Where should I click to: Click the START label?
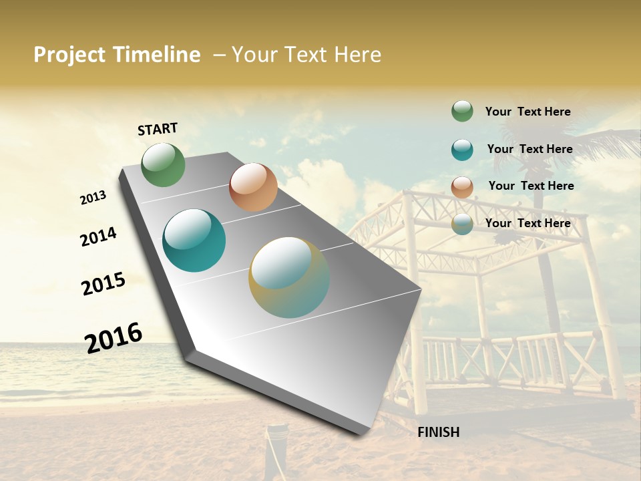pos(158,129)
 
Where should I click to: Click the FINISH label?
pos(438,432)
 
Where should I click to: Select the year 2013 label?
pos(93,198)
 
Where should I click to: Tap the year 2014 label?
pos(98,236)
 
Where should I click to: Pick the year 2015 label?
pos(103,283)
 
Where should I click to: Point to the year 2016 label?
pos(114,337)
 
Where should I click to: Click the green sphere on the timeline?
pos(163,165)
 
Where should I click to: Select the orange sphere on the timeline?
pos(253,187)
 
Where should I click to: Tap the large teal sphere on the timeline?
pos(194,240)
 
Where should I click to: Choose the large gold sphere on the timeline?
pos(289,277)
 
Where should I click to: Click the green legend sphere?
pos(462,111)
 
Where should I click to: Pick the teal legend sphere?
pos(462,150)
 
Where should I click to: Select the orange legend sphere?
pos(462,187)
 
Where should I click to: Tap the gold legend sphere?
pos(462,224)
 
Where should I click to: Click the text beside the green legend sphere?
pos(527,112)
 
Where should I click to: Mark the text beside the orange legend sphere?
pos(531,186)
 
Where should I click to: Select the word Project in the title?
pos(70,55)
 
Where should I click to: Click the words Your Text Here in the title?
pos(306,55)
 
